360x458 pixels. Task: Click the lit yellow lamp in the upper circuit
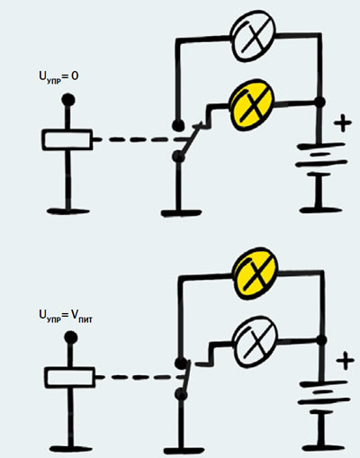point(252,105)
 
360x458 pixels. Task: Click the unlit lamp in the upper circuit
point(252,36)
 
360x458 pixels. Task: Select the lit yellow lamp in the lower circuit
point(256,274)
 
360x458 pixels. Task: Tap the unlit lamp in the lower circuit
point(256,342)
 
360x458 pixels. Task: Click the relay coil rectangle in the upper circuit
point(67,139)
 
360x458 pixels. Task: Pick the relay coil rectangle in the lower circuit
point(70,377)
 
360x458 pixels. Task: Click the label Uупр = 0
point(58,76)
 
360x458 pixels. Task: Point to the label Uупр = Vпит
point(66,317)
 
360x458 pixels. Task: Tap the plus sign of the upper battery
point(342,123)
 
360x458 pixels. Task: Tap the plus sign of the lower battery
point(345,361)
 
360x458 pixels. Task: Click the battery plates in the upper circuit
point(321,156)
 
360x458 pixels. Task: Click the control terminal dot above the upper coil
point(68,100)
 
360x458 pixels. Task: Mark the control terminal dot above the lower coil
point(71,337)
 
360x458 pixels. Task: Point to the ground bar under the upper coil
point(68,211)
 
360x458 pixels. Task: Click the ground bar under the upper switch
point(181,213)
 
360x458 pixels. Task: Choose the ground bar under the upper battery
point(319,210)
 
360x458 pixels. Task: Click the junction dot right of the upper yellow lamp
point(320,103)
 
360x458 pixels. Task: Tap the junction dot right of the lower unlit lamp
point(322,340)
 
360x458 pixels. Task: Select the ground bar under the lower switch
point(183,450)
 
